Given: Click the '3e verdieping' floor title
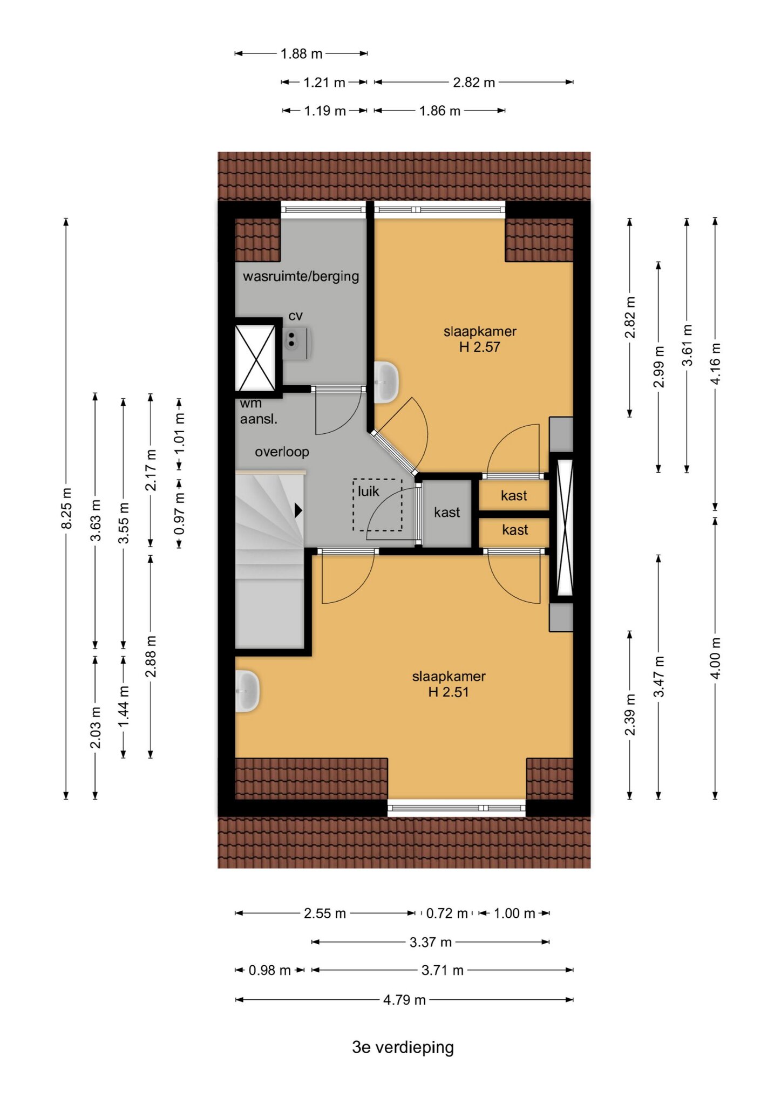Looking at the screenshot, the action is coord(403,1047).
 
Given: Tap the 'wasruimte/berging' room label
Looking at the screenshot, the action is coord(301,276).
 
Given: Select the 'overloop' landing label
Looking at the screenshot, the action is coord(282,452).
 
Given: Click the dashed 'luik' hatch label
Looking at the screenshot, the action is coord(369,492).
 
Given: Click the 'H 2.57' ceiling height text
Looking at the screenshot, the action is coord(480,347).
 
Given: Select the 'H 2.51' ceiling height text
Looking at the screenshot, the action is coord(449,692).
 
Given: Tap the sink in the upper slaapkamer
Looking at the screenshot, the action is coord(386,382).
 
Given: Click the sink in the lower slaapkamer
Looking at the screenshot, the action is coord(247,691).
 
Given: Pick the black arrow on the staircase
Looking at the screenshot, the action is coord(298,510).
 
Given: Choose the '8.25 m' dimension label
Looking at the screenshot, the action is coord(66,509).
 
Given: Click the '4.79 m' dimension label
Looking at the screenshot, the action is coord(405,1000).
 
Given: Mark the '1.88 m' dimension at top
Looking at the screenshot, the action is coord(301,54).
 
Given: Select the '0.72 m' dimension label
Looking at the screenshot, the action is coord(447,913).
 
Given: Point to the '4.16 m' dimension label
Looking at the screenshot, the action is coord(715,364).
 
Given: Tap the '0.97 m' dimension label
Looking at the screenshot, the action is coord(179,513).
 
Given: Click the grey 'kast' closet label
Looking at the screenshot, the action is coord(447,512).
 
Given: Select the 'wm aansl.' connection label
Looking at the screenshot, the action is coord(259,411).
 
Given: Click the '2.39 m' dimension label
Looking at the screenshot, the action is coord(630,715).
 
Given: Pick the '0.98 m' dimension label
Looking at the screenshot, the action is coord(270,970).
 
